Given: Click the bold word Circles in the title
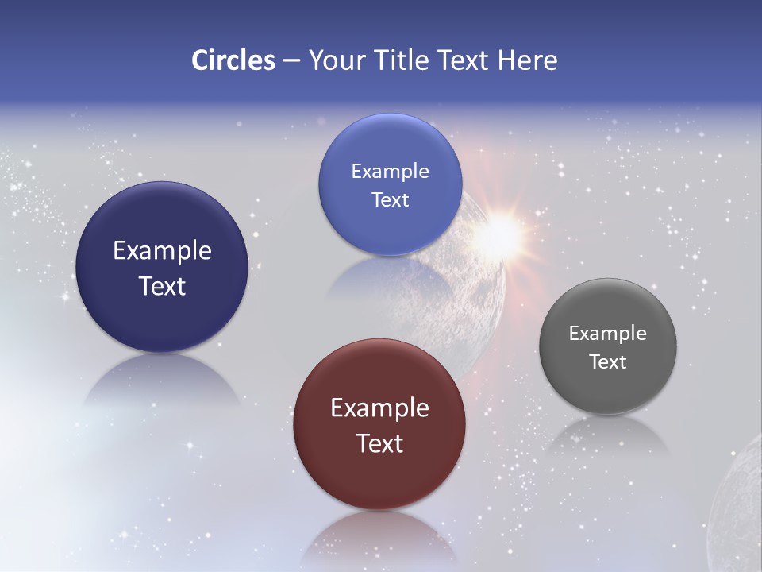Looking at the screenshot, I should (233, 60).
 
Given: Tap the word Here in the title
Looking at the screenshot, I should (528, 60).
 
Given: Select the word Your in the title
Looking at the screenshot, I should (335, 60).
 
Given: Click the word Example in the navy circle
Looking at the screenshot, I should (162, 251).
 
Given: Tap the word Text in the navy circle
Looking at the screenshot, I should (162, 286).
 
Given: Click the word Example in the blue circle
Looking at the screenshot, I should (390, 172).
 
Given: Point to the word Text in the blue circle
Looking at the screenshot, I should (390, 199).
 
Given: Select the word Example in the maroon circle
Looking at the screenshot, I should (379, 408).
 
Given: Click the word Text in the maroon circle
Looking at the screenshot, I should (379, 443).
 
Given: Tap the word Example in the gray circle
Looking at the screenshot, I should (608, 334).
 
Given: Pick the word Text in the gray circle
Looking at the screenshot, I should (608, 361).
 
